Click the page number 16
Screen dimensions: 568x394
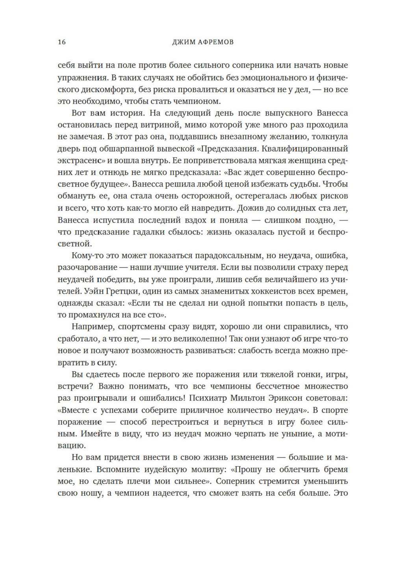point(62,42)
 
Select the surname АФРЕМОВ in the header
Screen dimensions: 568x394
point(215,42)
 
